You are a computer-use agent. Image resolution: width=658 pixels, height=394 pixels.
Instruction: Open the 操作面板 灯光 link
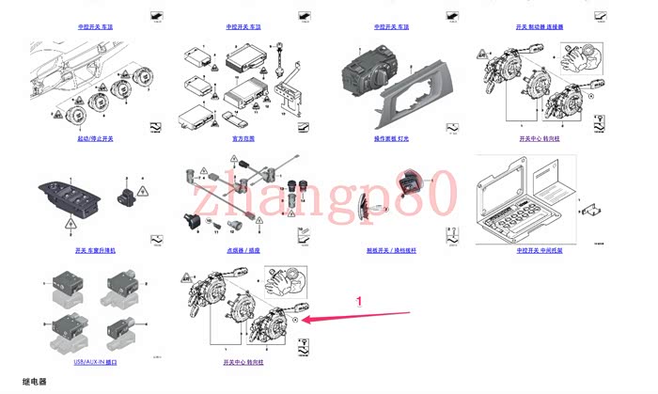click(x=390, y=138)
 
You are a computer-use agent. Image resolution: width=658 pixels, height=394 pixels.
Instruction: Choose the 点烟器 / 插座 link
click(x=242, y=251)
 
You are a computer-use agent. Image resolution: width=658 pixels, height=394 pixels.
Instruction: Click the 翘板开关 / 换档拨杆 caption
click(x=390, y=251)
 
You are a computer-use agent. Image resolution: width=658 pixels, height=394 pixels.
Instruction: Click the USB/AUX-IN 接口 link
click(x=95, y=361)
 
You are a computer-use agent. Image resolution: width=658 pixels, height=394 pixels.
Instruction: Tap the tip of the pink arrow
click(x=304, y=321)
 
